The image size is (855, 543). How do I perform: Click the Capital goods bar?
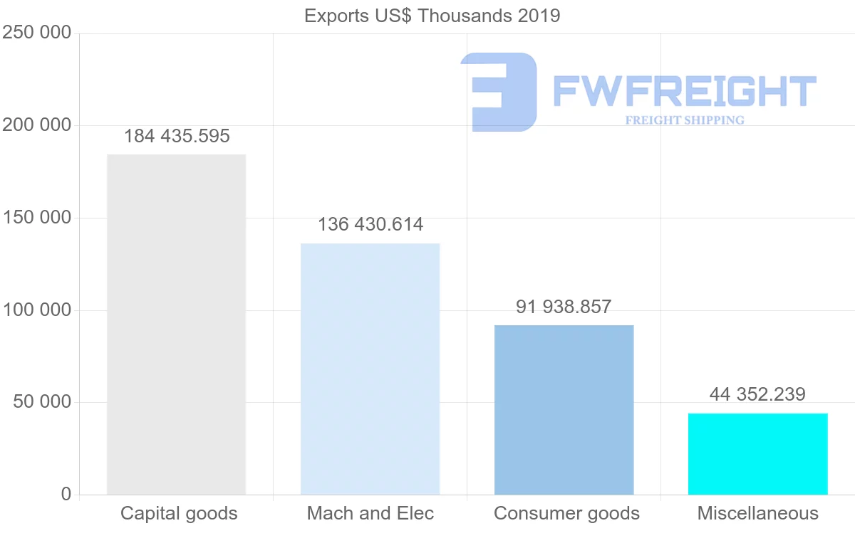(x=176, y=325)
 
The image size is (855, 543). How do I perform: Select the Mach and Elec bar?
(x=370, y=369)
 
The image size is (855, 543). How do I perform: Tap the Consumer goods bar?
(x=564, y=410)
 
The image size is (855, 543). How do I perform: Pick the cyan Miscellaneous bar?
(x=757, y=453)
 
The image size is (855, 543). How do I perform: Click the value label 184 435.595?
(x=177, y=136)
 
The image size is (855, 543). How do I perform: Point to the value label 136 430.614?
(x=370, y=224)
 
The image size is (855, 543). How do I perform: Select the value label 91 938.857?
(x=564, y=307)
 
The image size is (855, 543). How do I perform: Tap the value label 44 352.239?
(x=757, y=394)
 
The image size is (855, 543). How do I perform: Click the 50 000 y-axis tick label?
(x=42, y=402)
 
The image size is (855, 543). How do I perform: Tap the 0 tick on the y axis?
(x=66, y=494)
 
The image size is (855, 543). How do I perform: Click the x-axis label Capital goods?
(x=179, y=513)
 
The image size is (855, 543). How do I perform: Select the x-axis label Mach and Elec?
(x=370, y=513)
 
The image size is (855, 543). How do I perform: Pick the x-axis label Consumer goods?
(x=566, y=513)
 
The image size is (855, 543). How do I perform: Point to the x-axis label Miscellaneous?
(x=758, y=513)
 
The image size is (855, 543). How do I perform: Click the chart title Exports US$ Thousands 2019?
(x=432, y=16)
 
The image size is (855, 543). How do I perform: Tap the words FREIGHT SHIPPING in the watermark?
(x=684, y=120)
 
